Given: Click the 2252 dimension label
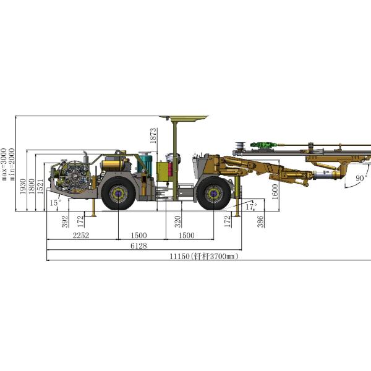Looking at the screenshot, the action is pyautogui.click(x=81, y=236).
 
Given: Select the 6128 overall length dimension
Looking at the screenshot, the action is pyautogui.click(x=139, y=246).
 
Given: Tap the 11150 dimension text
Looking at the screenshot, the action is pyautogui.click(x=179, y=257).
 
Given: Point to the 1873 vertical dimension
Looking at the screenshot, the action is pyautogui.click(x=153, y=135).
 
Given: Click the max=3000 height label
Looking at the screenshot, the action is pyautogui.click(x=4, y=164).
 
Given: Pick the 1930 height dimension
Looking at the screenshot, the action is pyautogui.click(x=23, y=187).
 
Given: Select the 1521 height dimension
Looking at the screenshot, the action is pyautogui.click(x=40, y=187).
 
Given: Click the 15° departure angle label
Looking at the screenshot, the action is pyautogui.click(x=56, y=203).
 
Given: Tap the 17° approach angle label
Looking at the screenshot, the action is pyautogui.click(x=251, y=207).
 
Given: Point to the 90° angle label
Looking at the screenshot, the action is pyautogui.click(x=362, y=178).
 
